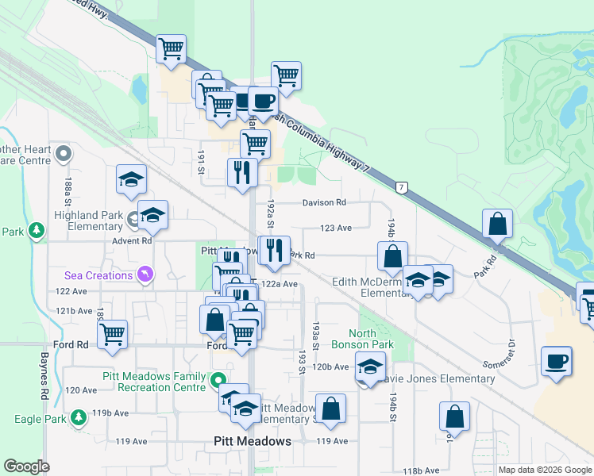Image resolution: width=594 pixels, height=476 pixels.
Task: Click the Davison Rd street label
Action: click(324, 203)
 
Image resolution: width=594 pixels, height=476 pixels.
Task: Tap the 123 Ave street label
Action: click(336, 228)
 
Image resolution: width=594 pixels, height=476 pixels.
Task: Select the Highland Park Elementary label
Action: click(88, 221)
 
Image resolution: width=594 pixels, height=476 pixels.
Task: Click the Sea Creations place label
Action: click(98, 275)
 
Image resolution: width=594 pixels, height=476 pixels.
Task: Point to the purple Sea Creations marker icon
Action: click(145, 275)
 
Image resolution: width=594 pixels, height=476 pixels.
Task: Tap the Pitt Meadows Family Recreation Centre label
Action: click(156, 382)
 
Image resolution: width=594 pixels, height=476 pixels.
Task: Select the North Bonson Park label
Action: click(372, 339)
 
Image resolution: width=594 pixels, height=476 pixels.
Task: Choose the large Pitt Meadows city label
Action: click(253, 441)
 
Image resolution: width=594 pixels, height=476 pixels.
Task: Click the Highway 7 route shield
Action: click(403, 187)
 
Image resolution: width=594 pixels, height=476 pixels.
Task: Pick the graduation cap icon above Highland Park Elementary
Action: click(132, 178)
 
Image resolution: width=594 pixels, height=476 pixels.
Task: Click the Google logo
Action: click(26, 466)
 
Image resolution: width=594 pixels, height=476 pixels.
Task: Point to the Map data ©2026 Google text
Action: click(544, 470)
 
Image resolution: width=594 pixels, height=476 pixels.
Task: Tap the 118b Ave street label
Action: click(420, 470)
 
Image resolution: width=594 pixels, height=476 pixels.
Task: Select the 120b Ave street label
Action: click(330, 367)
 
